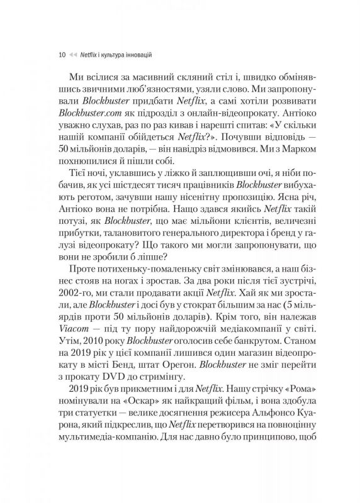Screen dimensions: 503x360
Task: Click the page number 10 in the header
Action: click(x=60, y=55)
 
